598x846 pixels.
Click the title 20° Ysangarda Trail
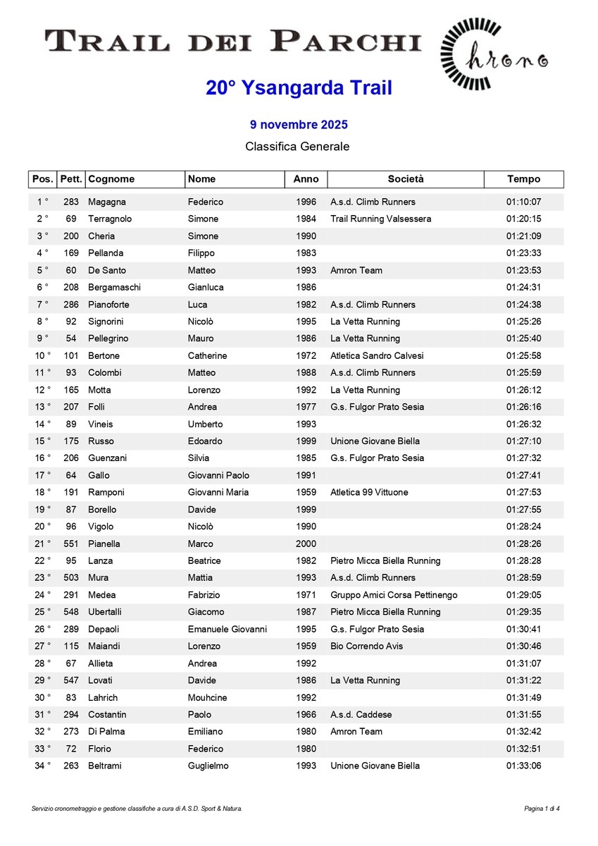[299, 88]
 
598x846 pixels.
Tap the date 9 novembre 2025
[299, 125]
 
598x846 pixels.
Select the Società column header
[406, 179]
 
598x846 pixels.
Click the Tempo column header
[523, 179]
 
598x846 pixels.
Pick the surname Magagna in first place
[107, 202]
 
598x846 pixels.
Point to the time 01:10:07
[523, 202]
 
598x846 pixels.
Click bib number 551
[71, 544]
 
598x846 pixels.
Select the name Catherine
[207, 356]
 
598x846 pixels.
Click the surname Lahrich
[103, 698]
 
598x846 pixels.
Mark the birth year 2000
[306, 544]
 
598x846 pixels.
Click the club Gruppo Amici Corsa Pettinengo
[394, 595]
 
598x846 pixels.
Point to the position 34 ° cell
[43, 766]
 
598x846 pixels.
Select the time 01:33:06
[523, 766]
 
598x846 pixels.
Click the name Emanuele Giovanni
[227, 630]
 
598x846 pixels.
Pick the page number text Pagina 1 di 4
[542, 809]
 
